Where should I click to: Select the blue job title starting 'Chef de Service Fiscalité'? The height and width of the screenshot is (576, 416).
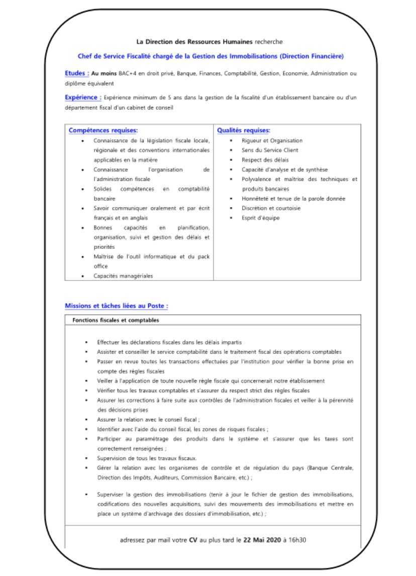[211, 57]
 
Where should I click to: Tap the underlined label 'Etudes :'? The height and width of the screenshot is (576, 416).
[77, 73]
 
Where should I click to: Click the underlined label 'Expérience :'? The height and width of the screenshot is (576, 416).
[83, 97]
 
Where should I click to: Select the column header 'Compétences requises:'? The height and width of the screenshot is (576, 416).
[103, 130]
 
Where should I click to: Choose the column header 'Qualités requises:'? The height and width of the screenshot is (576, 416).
[244, 130]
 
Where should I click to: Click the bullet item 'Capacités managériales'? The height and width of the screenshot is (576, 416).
[123, 276]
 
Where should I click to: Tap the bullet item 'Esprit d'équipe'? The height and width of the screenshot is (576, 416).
[261, 218]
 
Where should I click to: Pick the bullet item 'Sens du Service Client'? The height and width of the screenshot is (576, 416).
[270, 150]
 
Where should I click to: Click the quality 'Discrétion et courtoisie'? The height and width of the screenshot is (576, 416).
[271, 208]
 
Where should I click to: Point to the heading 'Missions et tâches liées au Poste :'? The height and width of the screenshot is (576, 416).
[116, 306]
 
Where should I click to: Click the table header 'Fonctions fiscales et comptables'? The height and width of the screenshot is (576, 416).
[116, 320]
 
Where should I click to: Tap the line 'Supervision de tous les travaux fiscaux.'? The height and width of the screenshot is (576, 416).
[147, 458]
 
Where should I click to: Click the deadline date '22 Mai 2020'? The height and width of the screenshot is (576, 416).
[261, 540]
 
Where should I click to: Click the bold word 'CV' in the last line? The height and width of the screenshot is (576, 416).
[193, 540]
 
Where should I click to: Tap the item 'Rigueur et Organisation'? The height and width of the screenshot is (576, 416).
[272, 140]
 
